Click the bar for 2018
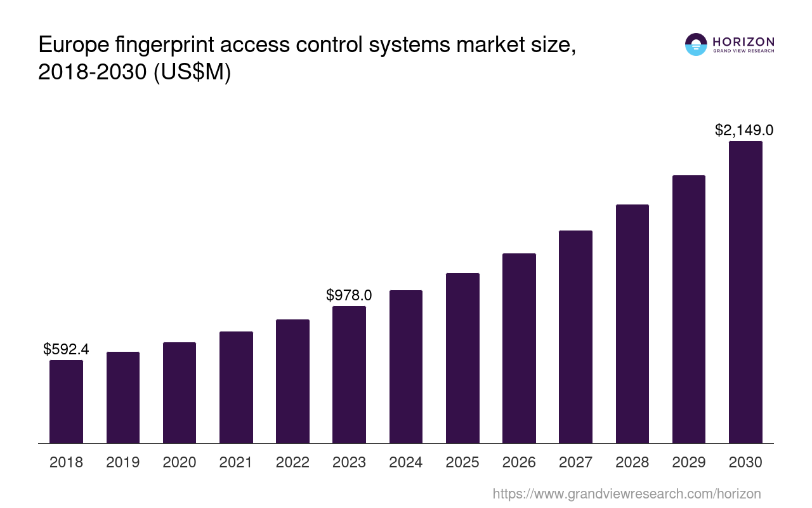point(66,401)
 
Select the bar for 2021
point(236,387)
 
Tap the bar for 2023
point(349,375)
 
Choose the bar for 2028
point(632,324)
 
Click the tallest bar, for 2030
point(745,292)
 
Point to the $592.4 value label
point(66,349)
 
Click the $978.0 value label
point(349,295)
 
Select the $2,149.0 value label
point(744,130)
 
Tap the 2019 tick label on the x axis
point(122,462)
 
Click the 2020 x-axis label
point(180,462)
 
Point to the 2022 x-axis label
point(292,462)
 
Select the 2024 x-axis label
point(406,462)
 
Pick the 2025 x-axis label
point(462,462)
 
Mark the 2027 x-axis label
point(575,462)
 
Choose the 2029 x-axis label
point(689,462)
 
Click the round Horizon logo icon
point(696,44)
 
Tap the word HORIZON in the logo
point(743,42)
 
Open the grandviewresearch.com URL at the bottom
point(626,493)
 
